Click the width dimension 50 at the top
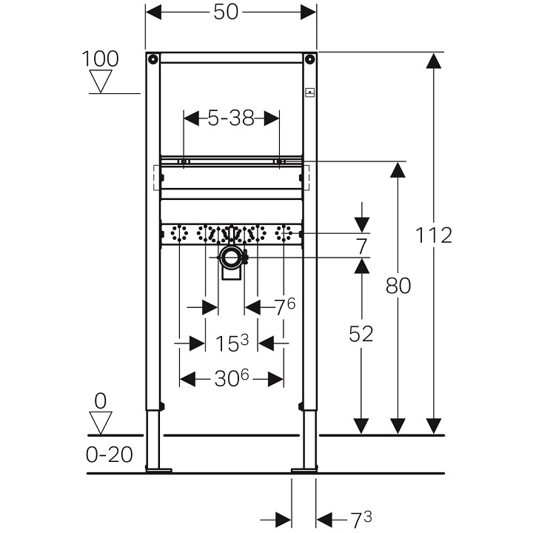click(230, 13)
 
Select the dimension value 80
click(398, 285)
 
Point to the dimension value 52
click(361, 334)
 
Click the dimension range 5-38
click(230, 118)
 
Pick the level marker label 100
click(100, 58)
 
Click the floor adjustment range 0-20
click(110, 454)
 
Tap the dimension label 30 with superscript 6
click(232, 379)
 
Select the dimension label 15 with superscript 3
click(232, 343)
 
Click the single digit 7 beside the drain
click(361, 247)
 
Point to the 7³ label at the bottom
click(361, 520)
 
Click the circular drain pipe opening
click(232, 258)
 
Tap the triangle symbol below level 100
click(100, 81)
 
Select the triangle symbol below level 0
click(100, 423)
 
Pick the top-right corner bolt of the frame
click(310, 58)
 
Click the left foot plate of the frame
click(158, 469)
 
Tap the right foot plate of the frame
click(304, 469)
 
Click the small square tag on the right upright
click(310, 93)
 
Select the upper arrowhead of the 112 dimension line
click(434, 62)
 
